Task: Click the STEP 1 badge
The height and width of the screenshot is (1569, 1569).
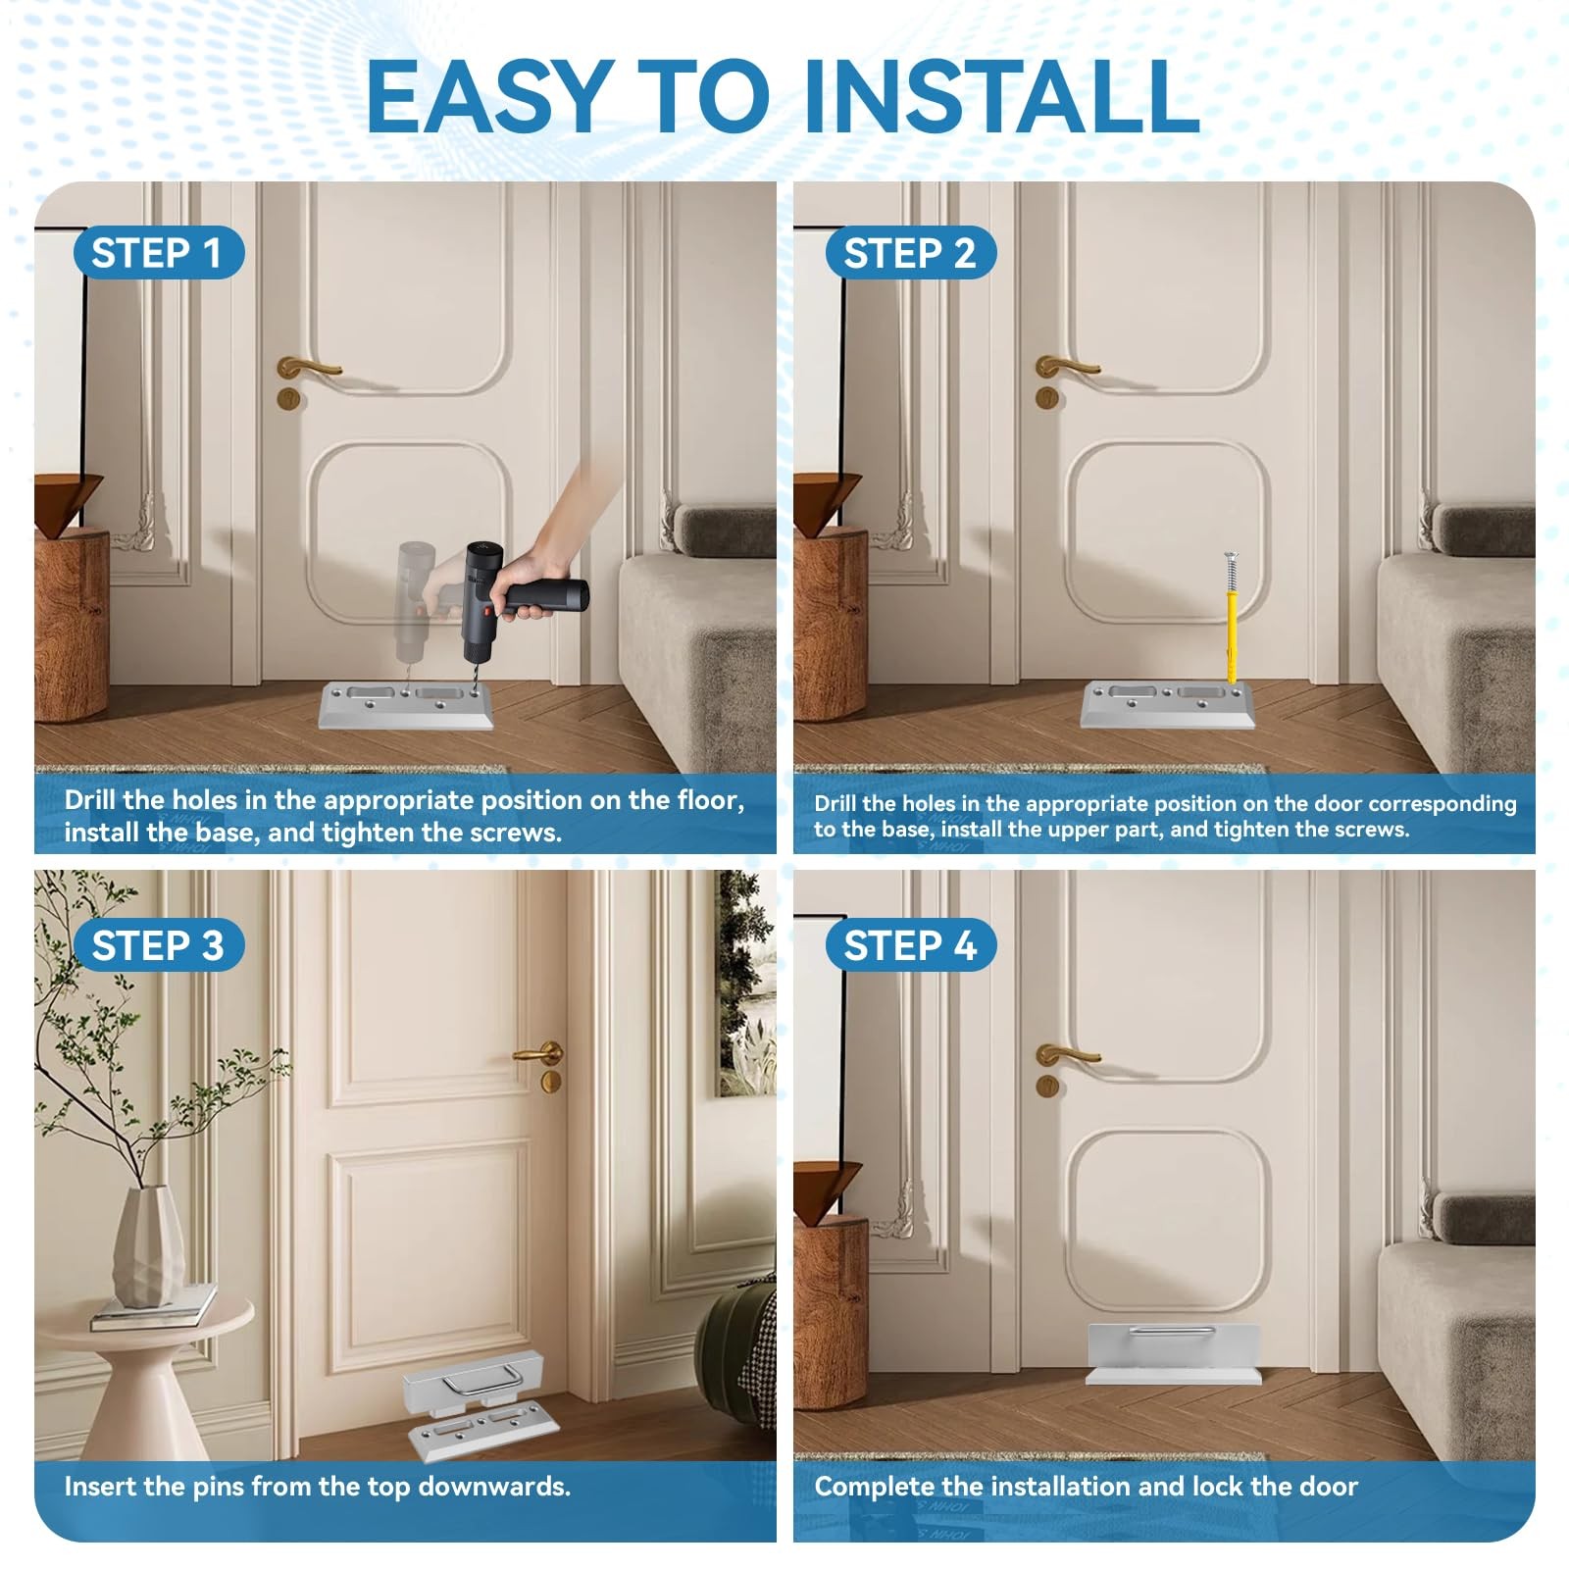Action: click(159, 253)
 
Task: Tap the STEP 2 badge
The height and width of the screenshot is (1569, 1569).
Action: click(911, 253)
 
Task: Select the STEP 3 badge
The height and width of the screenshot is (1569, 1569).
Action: click(159, 945)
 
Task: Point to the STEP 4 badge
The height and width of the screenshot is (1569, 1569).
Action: click(911, 945)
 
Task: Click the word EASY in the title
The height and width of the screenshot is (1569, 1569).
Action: click(490, 96)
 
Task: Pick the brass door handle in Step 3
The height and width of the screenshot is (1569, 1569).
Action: click(537, 1054)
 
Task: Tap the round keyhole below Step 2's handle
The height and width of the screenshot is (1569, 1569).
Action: click(1047, 398)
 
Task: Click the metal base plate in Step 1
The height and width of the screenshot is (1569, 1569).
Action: click(405, 706)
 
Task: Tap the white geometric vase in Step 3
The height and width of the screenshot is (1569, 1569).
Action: click(148, 1245)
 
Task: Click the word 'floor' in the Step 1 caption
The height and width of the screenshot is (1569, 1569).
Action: click(710, 800)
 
